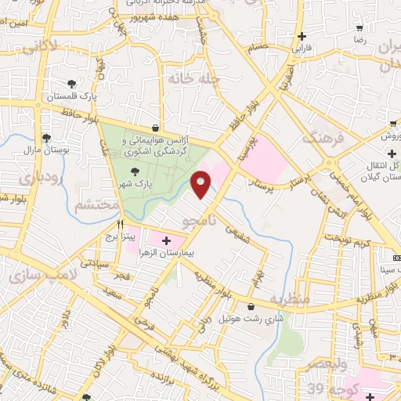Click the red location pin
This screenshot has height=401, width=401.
pos(201,184)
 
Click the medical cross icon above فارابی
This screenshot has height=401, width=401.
pos(302,36)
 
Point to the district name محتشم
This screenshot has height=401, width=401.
pos(99,205)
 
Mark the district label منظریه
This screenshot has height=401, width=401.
pos(290,299)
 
